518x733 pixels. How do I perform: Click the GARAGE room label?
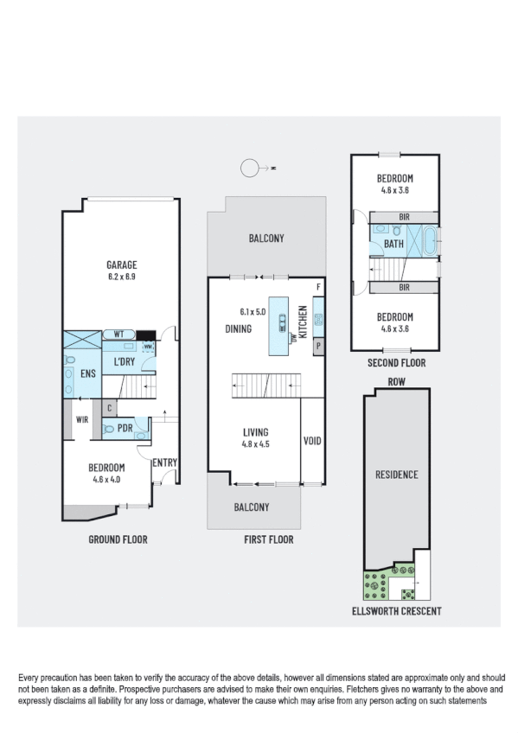tap(122, 265)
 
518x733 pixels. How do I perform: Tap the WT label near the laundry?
tap(120, 334)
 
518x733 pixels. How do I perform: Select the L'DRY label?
tap(125, 362)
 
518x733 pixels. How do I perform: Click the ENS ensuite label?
tap(87, 373)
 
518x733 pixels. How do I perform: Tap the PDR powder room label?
tap(125, 427)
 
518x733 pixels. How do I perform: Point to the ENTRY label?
tap(164, 463)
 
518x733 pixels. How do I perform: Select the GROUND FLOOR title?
tap(118, 539)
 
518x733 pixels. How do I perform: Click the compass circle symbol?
tap(250, 169)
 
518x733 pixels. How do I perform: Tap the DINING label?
tap(238, 328)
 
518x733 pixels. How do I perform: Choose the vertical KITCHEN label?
tap(303, 320)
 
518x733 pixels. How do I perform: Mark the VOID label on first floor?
tap(312, 441)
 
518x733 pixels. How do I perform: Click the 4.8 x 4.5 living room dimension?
tap(256, 444)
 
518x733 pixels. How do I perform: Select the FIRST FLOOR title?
tap(268, 539)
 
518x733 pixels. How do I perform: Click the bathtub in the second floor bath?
tap(429, 239)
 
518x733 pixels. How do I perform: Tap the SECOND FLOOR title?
tap(394, 364)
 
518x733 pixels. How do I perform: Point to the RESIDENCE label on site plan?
tap(396, 474)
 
